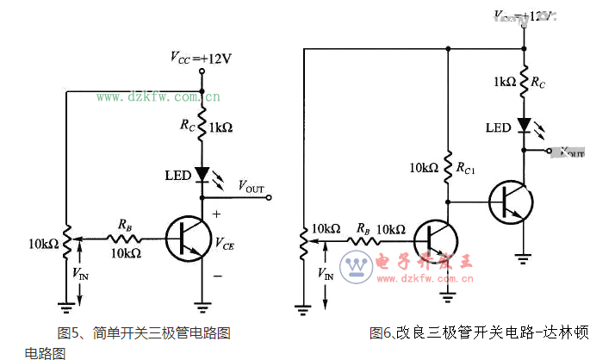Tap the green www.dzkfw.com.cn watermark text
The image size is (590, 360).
(157, 96)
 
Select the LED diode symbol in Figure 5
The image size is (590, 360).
(202, 175)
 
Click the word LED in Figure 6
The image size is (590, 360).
(498, 127)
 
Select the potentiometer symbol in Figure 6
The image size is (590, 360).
(302, 241)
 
